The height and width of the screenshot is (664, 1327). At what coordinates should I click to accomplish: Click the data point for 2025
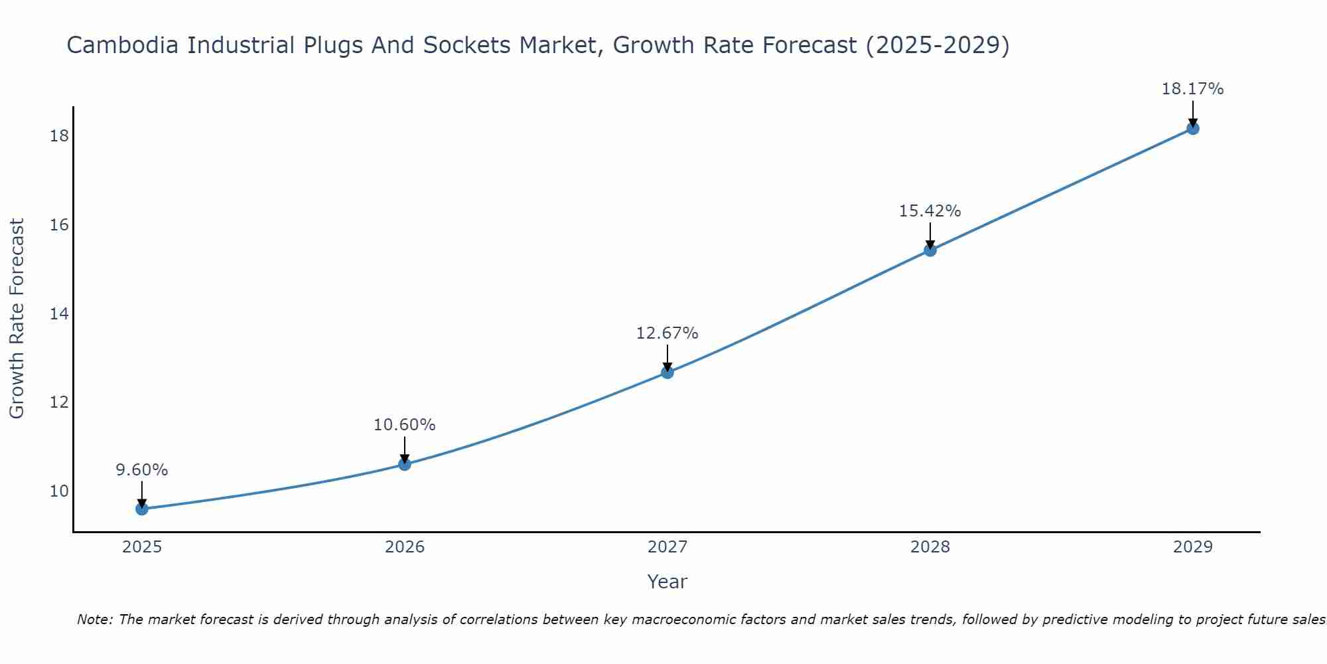(142, 509)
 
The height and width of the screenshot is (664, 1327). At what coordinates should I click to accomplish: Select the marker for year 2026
(405, 464)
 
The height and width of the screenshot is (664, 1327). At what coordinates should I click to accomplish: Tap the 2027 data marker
(667, 373)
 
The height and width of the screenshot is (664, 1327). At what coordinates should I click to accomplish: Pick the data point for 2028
(930, 250)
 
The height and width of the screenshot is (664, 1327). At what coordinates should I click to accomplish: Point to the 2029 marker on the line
(1192, 128)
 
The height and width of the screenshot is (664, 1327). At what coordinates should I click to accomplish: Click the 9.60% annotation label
(142, 470)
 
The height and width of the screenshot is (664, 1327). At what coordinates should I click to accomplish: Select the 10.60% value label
(405, 425)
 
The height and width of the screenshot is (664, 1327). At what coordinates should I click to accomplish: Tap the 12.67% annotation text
(667, 333)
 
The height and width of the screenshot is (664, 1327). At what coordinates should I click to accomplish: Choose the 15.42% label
(930, 211)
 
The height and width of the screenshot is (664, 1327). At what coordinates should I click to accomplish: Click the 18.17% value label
(1192, 89)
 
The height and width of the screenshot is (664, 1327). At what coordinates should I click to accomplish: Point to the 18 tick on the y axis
(59, 136)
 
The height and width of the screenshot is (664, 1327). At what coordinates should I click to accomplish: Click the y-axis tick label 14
(59, 313)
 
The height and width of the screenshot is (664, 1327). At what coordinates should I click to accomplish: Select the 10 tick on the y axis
(59, 491)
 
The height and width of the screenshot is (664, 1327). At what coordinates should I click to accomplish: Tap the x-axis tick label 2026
(405, 547)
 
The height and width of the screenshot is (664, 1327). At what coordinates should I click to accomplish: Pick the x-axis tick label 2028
(930, 547)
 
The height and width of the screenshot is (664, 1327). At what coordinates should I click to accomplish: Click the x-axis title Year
(667, 582)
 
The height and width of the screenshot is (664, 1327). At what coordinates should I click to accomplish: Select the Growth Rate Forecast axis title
(17, 319)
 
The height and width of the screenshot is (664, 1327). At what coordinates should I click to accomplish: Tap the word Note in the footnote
(96, 620)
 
